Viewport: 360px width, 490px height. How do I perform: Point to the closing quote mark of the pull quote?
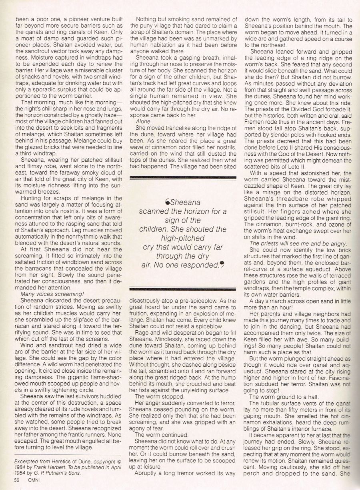point(221,265)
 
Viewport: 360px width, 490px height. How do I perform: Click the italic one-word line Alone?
point(143,120)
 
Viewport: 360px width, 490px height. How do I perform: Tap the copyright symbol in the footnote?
point(119,461)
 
